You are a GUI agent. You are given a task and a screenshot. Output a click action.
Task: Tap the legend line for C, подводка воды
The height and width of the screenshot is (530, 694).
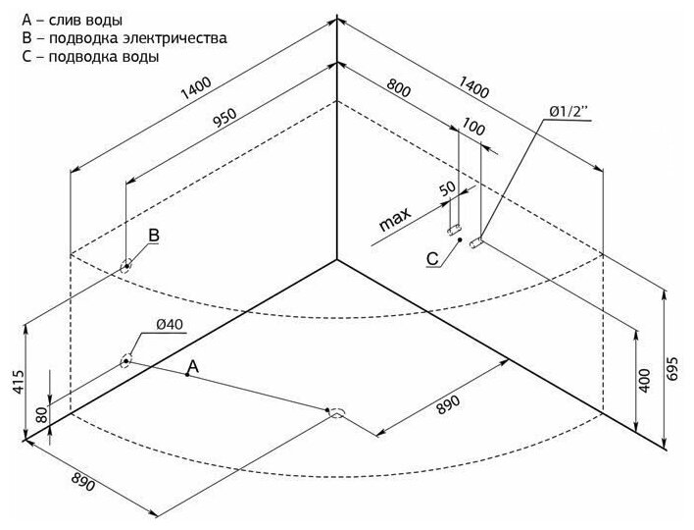click(x=89, y=56)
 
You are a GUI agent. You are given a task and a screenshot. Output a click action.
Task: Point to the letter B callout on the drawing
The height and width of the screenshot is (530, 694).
click(x=153, y=236)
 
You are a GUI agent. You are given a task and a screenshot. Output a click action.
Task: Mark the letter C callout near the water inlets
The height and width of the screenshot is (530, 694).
click(x=432, y=259)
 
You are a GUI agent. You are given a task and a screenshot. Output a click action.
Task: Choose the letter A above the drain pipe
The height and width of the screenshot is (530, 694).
click(x=194, y=365)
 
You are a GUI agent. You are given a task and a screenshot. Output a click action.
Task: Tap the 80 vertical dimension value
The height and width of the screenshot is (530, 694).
click(x=40, y=414)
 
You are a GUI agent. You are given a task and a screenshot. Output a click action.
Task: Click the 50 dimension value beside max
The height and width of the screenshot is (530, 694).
click(x=448, y=189)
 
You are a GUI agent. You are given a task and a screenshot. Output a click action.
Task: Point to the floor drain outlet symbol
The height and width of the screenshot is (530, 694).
click(x=335, y=412)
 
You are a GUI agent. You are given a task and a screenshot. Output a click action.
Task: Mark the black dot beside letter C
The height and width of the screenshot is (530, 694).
click(x=460, y=241)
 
